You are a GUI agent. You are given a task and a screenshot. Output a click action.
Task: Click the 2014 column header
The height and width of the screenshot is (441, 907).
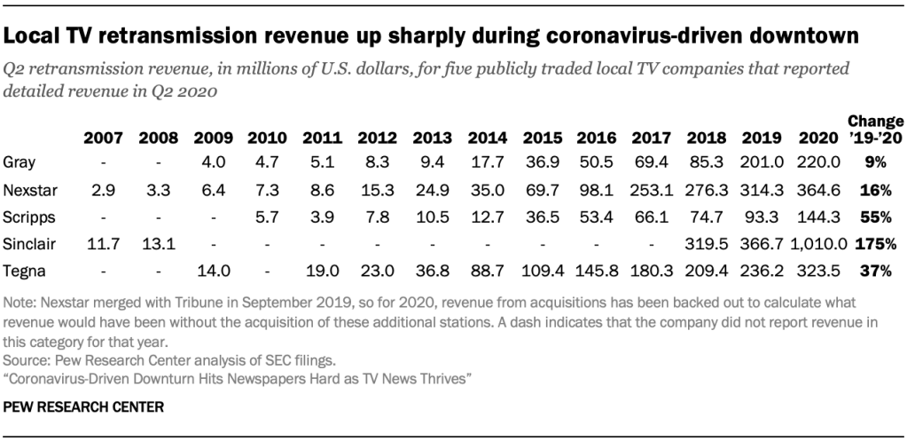click(485, 138)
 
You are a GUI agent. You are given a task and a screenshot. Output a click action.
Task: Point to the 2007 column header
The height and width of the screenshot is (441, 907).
click(103, 138)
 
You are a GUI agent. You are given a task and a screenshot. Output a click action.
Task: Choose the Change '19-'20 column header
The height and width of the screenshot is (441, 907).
click(875, 130)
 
